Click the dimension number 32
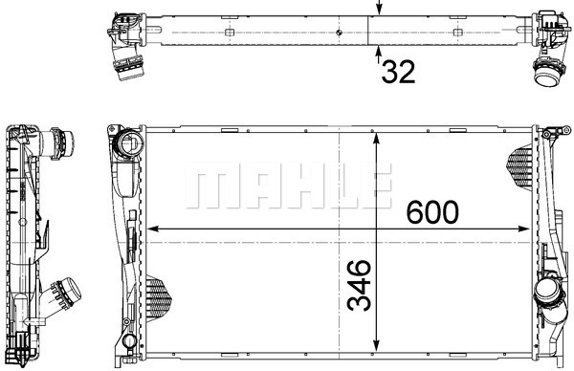(398, 72)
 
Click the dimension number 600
(432, 212)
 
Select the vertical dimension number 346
(359, 285)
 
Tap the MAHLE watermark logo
(289, 185)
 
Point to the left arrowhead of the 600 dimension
(153, 229)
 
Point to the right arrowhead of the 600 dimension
(524, 229)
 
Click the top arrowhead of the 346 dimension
(376, 139)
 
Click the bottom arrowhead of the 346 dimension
(376, 344)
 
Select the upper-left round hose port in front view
(128, 143)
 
